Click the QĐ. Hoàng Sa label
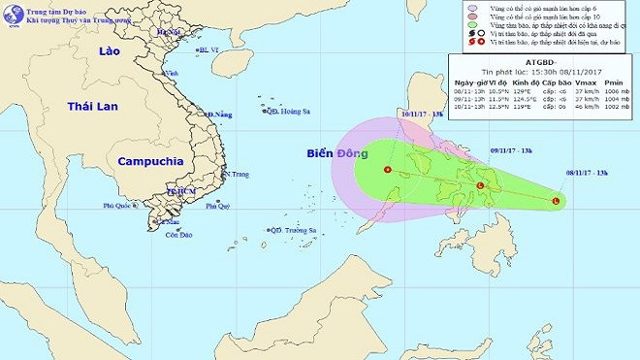tap(294, 111)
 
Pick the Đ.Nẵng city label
tap(220, 115)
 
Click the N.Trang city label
tap(235, 175)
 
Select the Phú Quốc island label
tap(122, 206)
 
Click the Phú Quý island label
tap(216, 206)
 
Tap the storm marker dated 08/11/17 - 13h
tap(556, 201)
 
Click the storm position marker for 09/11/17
tap(479, 185)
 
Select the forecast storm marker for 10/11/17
tap(388, 170)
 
